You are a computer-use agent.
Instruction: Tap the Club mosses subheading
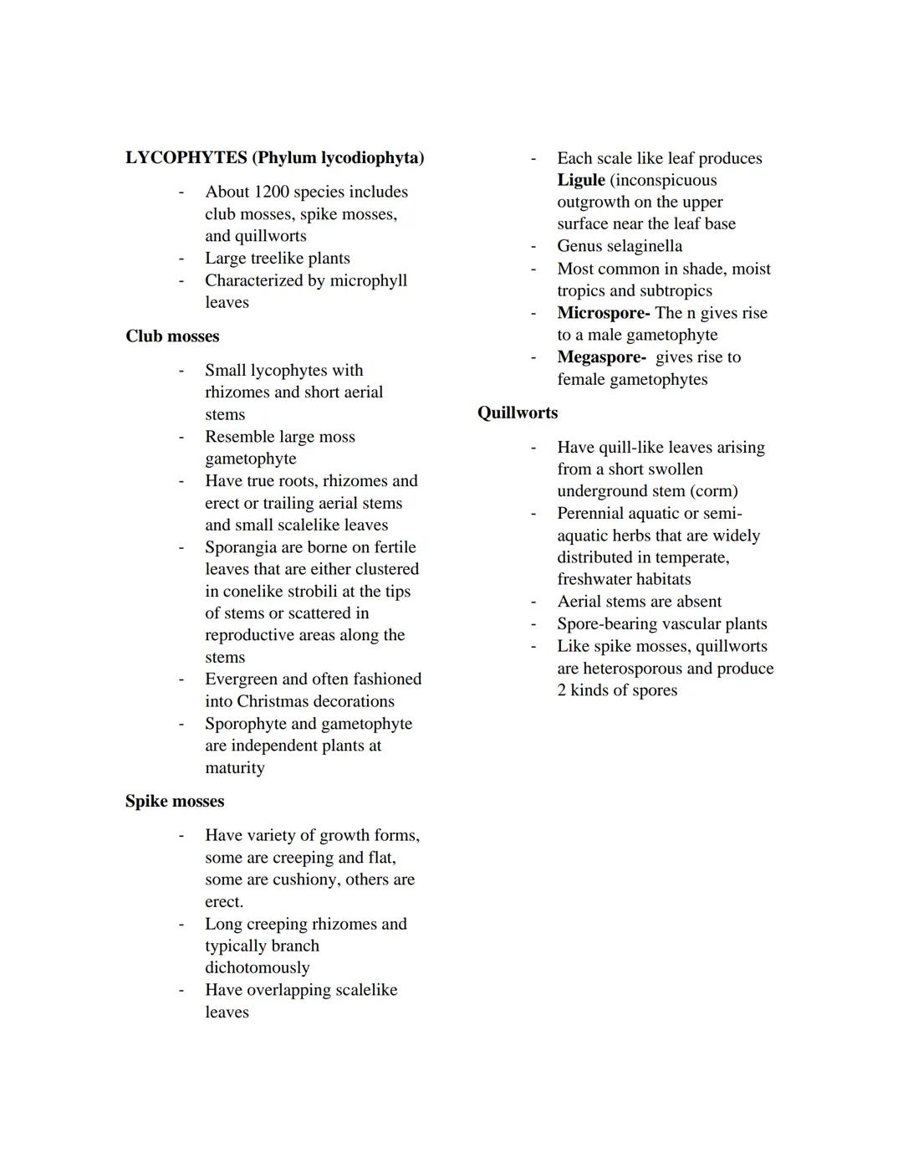click(x=172, y=336)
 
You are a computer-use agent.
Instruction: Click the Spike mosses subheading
click(x=175, y=801)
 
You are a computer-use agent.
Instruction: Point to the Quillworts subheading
click(x=518, y=413)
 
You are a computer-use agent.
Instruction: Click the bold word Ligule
click(x=581, y=180)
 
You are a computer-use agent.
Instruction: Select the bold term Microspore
click(x=602, y=313)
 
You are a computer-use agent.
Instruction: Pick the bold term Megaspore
click(x=600, y=357)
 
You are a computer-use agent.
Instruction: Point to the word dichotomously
click(x=257, y=967)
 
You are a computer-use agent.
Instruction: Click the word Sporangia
click(x=242, y=547)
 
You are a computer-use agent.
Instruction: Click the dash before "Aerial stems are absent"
click(x=533, y=602)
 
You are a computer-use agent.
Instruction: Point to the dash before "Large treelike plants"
click(x=181, y=259)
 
